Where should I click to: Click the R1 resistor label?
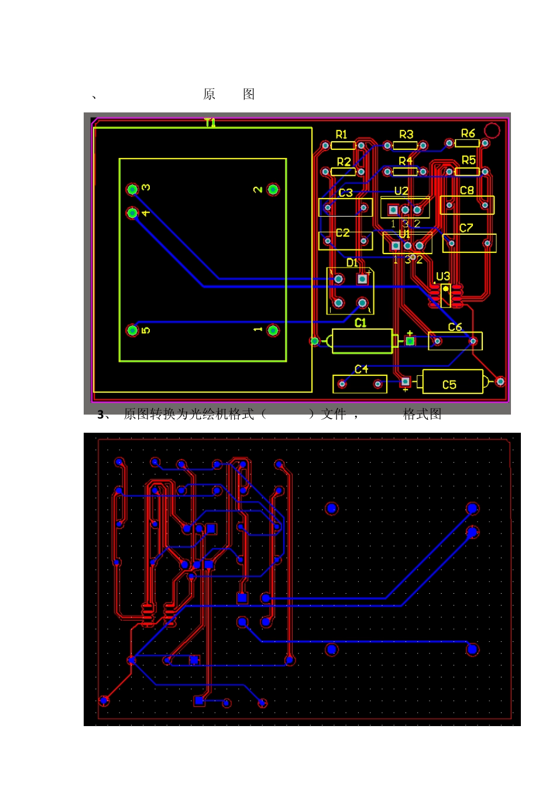point(341,135)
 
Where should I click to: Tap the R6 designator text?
point(468,134)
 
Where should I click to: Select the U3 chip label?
point(443,276)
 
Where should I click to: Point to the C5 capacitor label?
point(449,385)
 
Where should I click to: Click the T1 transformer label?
point(210,122)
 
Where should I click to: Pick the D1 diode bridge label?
point(352,262)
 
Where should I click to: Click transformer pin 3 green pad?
point(132,189)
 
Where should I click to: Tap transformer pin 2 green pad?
point(273,189)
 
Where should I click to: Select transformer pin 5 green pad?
point(132,330)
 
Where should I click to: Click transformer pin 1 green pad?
point(273,330)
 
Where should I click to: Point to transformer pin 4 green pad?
point(132,213)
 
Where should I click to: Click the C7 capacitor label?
point(466,228)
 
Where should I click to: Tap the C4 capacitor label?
point(361,369)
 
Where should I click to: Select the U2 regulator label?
point(401,191)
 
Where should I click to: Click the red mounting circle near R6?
point(493,130)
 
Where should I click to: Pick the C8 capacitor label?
point(466,190)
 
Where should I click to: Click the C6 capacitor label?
point(455,327)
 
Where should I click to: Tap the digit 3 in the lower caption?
point(101,415)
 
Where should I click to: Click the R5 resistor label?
point(468,160)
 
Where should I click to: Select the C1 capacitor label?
point(361,323)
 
